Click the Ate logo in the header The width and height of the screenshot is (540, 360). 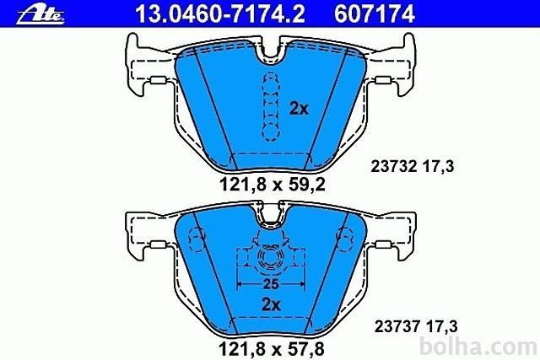[40, 15]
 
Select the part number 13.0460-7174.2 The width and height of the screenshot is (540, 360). [220, 13]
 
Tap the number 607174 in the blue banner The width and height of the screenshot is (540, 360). [375, 13]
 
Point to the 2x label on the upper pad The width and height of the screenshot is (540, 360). [299, 109]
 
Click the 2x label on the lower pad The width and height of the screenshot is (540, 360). [271, 304]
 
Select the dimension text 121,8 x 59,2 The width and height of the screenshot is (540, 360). [272, 185]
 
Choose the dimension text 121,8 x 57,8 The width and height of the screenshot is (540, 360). [272, 348]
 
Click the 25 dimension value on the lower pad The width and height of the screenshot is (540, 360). [270, 284]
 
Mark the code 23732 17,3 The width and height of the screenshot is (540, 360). [413, 167]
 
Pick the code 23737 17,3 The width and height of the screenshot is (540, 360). [416, 326]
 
